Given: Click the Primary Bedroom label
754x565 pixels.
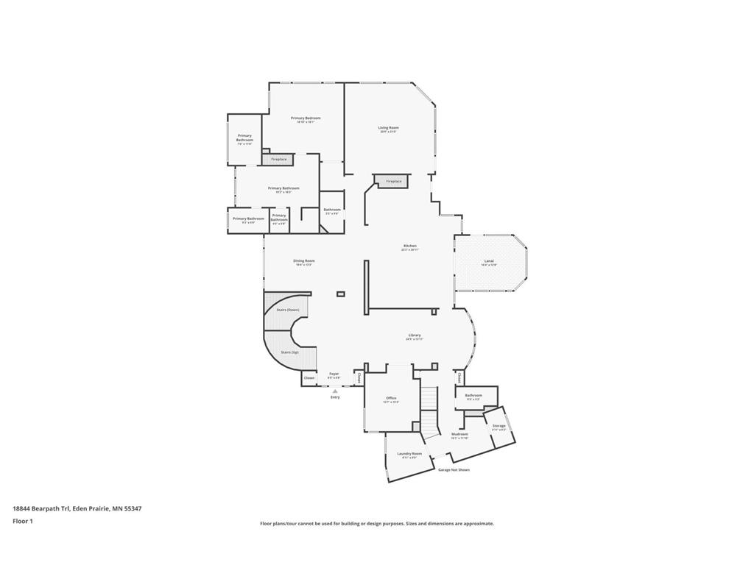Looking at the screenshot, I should [306, 118].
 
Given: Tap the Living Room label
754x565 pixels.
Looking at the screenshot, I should [388, 128].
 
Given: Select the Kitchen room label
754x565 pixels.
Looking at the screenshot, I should [410, 246].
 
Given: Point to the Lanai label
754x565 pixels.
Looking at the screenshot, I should [489, 261].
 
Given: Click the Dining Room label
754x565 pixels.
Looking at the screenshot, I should [304, 260].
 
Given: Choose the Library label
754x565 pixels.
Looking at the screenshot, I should [414, 335].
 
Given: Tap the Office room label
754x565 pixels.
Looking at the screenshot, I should [391, 398].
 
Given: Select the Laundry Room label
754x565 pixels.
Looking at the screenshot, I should [409, 454].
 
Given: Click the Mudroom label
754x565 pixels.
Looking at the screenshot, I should [459, 434].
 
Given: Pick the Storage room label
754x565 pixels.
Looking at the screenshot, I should [498, 426].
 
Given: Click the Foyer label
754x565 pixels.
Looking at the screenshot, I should [334, 374].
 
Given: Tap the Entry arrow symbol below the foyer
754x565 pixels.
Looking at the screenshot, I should [335, 391].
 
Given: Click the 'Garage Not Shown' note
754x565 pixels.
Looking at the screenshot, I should [454, 469].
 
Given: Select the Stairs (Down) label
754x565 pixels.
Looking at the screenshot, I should [287, 310].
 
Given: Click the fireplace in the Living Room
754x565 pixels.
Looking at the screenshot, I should [393, 181].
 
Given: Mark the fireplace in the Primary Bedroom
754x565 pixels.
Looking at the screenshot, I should [278, 159].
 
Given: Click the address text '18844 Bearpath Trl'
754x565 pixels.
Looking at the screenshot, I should [41, 508].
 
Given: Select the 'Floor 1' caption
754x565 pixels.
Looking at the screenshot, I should [23, 521].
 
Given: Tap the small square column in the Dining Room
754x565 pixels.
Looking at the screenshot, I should [340, 294].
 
